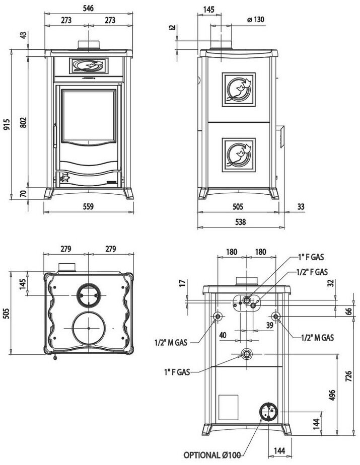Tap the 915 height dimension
pyautogui.click(x=7, y=125)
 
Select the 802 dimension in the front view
pyautogui.click(x=23, y=122)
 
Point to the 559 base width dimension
pyautogui.click(x=88, y=206)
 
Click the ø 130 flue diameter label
pyautogui.click(x=255, y=20)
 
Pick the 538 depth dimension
pyautogui.click(x=240, y=222)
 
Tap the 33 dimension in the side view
pyautogui.click(x=301, y=206)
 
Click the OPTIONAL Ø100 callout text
pyautogui.click(x=212, y=455)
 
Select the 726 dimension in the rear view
pyautogui.click(x=348, y=376)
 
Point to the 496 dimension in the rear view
pyautogui.click(x=332, y=395)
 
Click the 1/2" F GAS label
pyautogui.click(x=312, y=272)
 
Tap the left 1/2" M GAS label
pyautogui.click(x=171, y=343)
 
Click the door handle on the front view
pyautogui.click(x=55, y=136)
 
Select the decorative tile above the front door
pyautogui.click(x=89, y=65)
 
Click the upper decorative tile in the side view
pyautogui.click(x=239, y=89)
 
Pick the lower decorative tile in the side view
pyautogui.click(x=239, y=155)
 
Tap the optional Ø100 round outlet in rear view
pyautogui.click(x=269, y=412)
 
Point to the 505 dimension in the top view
pyautogui.click(x=7, y=313)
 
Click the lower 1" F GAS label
pyautogui.click(x=177, y=372)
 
